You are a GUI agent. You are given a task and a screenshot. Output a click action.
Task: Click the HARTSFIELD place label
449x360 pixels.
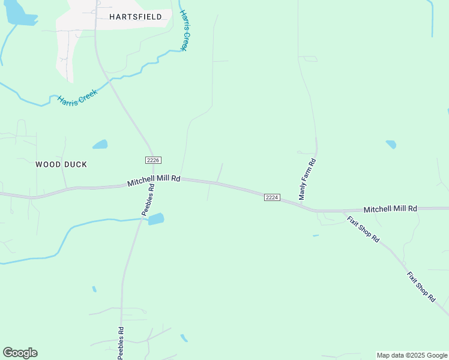136,17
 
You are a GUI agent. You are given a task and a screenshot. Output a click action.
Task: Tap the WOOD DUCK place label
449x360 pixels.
61,164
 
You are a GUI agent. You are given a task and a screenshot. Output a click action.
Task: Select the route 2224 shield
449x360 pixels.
272,197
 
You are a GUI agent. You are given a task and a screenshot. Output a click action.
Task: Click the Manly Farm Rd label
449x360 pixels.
307,179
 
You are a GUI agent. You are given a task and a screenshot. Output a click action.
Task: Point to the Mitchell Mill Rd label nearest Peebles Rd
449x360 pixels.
154,179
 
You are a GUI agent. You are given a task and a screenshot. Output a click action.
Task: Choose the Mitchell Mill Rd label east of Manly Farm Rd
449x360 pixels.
390,209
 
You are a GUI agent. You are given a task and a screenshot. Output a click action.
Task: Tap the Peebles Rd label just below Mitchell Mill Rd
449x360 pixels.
148,199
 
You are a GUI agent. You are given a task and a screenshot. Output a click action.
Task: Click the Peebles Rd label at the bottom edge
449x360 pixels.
121,343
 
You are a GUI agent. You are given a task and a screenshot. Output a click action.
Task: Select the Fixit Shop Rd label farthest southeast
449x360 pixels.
421,287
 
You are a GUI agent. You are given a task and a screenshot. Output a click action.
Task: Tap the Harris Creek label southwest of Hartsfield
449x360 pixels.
77,97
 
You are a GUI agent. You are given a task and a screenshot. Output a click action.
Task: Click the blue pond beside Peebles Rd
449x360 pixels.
156,219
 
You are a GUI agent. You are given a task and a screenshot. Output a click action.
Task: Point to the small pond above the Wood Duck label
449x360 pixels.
100,145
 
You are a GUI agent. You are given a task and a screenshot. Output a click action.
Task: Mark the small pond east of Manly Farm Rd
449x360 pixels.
391,145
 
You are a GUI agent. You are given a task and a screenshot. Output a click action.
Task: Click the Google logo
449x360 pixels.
20,353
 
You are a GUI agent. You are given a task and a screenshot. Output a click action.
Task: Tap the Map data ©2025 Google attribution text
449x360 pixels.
412,355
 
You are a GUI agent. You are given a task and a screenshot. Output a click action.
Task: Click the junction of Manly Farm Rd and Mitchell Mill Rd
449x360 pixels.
311,210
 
